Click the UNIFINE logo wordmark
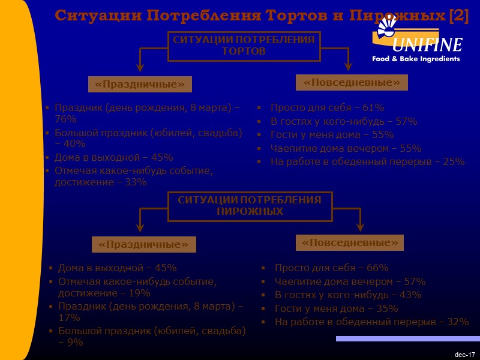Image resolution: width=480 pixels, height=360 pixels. (427, 45)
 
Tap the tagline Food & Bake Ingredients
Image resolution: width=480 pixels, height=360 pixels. (416, 59)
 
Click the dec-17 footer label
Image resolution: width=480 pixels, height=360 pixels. (464, 355)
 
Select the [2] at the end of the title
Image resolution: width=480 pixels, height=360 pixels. (459, 16)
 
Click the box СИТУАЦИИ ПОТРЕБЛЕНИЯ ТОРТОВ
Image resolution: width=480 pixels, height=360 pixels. (244, 46)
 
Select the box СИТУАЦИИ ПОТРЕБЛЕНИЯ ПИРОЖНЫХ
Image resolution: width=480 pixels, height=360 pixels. (250, 206)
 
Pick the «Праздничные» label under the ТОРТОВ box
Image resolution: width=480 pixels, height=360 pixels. (140, 84)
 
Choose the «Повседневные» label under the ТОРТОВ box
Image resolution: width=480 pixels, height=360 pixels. (352, 82)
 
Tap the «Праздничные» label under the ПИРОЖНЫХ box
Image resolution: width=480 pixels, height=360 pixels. (144, 244)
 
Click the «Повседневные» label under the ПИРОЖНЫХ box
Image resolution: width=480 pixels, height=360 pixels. (350, 242)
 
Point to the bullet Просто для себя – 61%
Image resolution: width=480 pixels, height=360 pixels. (327, 108)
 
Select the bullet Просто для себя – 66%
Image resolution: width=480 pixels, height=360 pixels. (331, 268)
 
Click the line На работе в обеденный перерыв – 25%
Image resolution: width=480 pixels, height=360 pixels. (367, 161)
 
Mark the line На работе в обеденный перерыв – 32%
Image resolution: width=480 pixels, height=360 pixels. (371, 322)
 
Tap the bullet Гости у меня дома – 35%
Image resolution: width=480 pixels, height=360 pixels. (336, 308)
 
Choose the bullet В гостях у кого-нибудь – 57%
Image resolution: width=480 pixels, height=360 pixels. (343, 121)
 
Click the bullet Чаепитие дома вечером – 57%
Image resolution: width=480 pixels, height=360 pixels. (350, 281)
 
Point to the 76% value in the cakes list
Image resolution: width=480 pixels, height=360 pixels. (65, 119)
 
